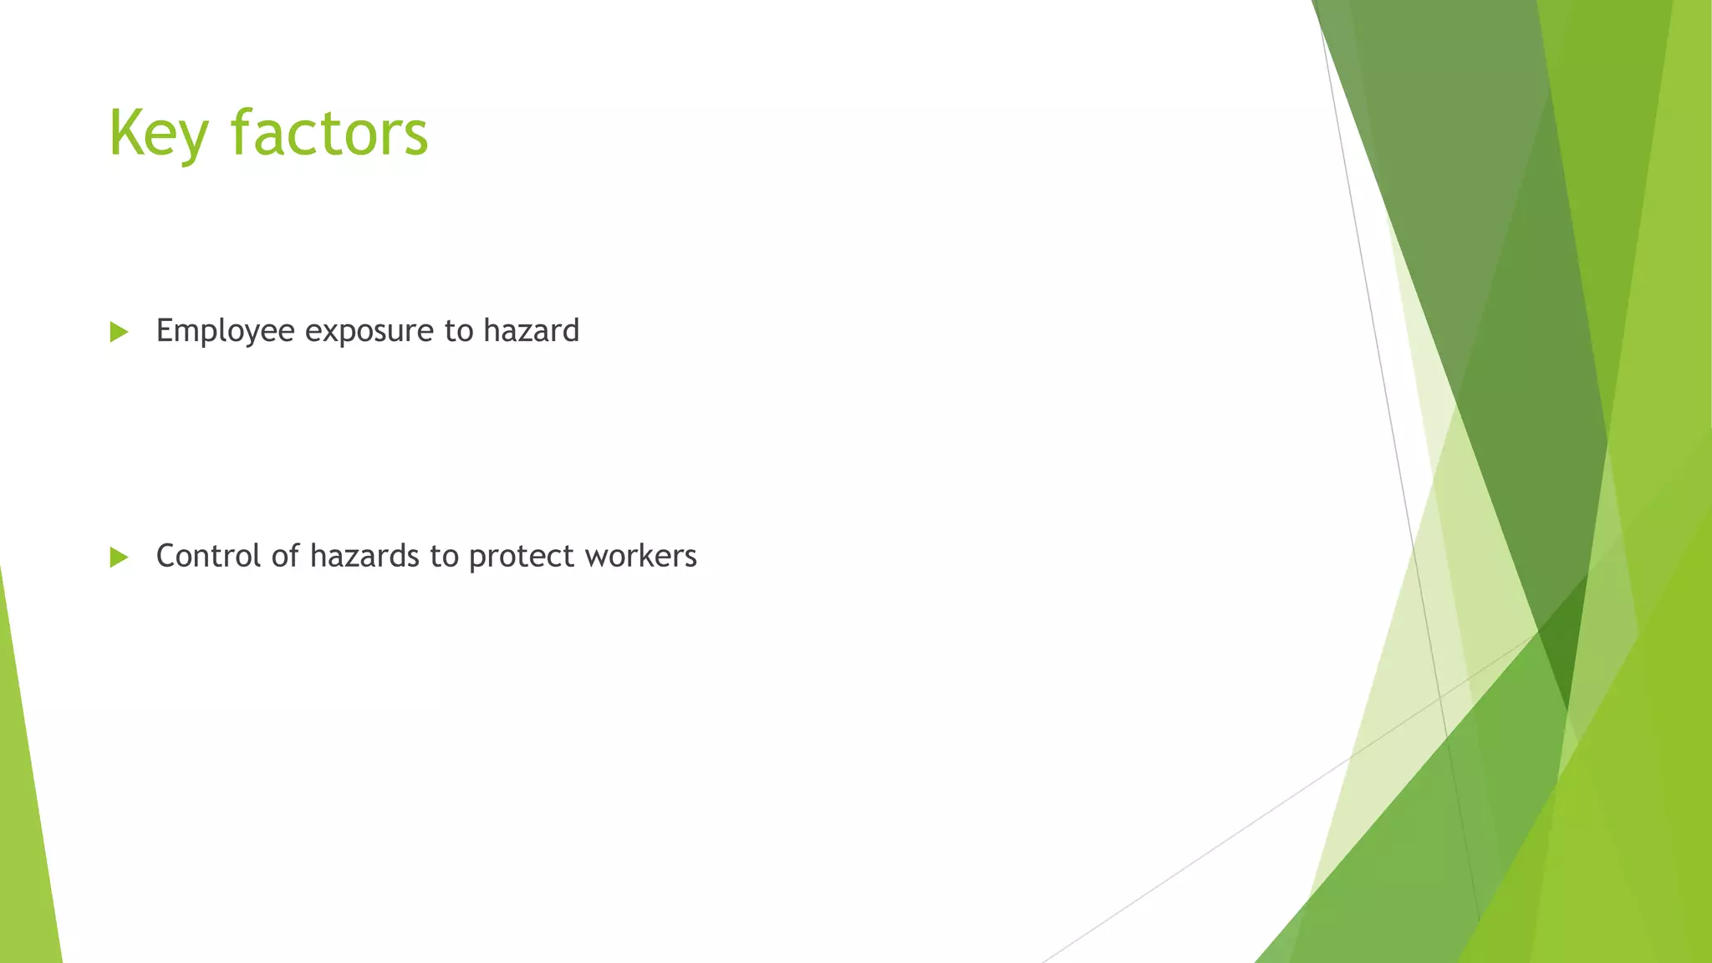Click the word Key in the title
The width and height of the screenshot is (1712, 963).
point(158,134)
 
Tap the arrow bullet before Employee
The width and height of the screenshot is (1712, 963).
point(119,332)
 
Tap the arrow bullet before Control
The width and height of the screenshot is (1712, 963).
point(119,558)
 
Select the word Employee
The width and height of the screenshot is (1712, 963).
point(225,332)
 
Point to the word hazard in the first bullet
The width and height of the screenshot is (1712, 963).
point(531,330)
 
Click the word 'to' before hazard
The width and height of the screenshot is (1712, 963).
point(459,331)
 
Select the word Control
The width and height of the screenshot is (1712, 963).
point(209,556)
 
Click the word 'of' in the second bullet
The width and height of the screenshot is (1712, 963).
point(285,556)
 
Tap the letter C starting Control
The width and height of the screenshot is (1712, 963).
point(166,556)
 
